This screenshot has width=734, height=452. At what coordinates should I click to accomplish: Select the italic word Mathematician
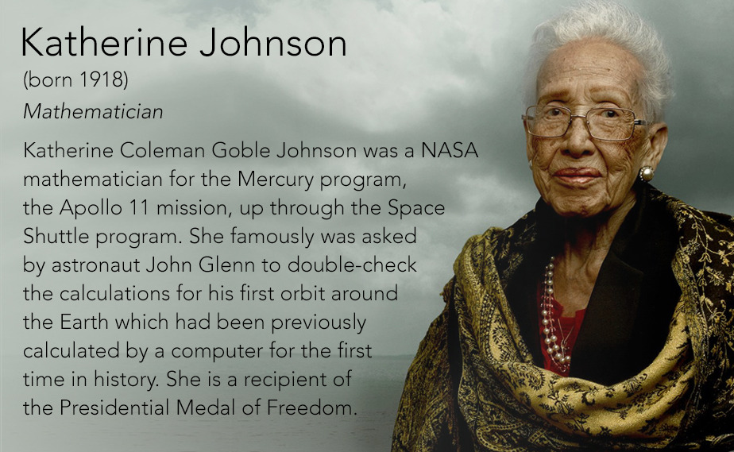pyautogui.click(x=93, y=112)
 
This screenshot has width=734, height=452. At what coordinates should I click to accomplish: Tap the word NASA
pyautogui.click(x=450, y=151)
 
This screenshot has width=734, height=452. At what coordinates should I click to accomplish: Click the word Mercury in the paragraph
pyautogui.click(x=276, y=180)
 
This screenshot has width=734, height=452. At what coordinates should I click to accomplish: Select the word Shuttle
pyautogui.click(x=56, y=236)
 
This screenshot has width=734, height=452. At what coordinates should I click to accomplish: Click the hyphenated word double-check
pyautogui.click(x=352, y=265)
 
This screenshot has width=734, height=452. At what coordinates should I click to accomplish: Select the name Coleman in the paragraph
pyautogui.click(x=162, y=151)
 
